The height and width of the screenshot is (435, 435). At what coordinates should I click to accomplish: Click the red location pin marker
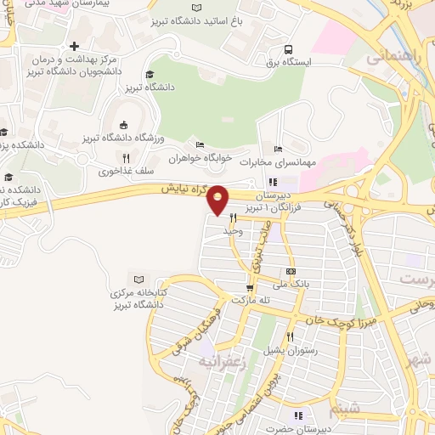(218, 199)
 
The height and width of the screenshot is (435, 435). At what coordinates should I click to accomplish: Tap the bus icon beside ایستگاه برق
(290, 49)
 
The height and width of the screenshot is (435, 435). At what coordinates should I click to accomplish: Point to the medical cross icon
(75, 45)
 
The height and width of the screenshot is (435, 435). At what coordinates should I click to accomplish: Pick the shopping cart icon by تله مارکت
(225, 299)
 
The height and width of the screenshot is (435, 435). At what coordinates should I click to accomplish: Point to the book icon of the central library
(139, 280)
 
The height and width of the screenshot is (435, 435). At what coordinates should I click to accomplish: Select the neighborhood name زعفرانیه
(222, 361)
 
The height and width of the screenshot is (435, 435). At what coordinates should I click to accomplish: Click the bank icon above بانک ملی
(291, 272)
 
